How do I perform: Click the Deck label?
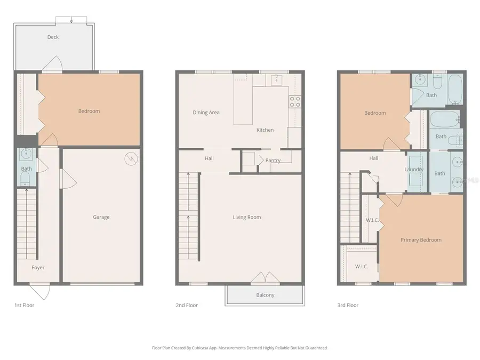pyautogui.click(x=53, y=37)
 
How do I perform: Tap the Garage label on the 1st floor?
pyautogui.click(x=101, y=217)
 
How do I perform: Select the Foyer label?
pyautogui.click(x=38, y=268)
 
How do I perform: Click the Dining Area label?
pyautogui.click(x=206, y=113)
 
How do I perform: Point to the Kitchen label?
pyautogui.click(x=265, y=130)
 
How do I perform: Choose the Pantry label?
pyautogui.click(x=273, y=161)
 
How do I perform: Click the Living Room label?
pyautogui.click(x=246, y=217)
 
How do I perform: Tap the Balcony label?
pyautogui.click(x=265, y=295)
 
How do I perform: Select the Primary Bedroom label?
pyautogui.click(x=421, y=240)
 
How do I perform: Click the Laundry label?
pyautogui.click(x=414, y=170)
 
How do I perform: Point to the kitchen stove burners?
pyautogui.click(x=295, y=101)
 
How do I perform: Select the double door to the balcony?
pyautogui.click(x=265, y=278)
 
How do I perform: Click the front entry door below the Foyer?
pyautogui.click(x=40, y=291)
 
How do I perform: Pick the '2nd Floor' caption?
pyautogui.click(x=187, y=306)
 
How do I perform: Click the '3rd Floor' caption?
pyautogui.click(x=348, y=306)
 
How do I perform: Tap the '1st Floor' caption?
pyautogui.click(x=24, y=306)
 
